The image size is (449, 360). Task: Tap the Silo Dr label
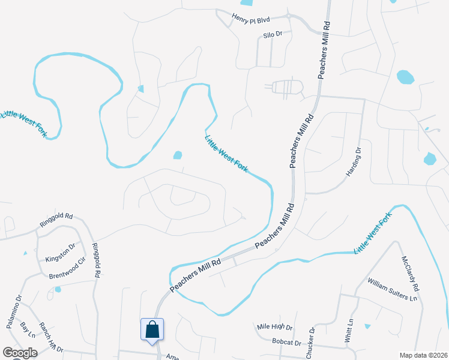click(273, 35)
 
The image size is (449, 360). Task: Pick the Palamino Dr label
click(14, 311)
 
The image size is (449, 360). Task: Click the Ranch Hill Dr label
click(50, 337)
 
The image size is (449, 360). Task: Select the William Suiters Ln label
click(392, 290)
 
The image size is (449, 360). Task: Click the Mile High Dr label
click(274, 328)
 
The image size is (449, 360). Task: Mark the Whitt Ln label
click(349, 331)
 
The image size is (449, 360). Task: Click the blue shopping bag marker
click(152, 329)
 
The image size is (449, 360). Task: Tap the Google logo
click(20, 353)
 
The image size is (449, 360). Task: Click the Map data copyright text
click(423, 355)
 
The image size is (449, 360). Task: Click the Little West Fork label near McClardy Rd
click(372, 232)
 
